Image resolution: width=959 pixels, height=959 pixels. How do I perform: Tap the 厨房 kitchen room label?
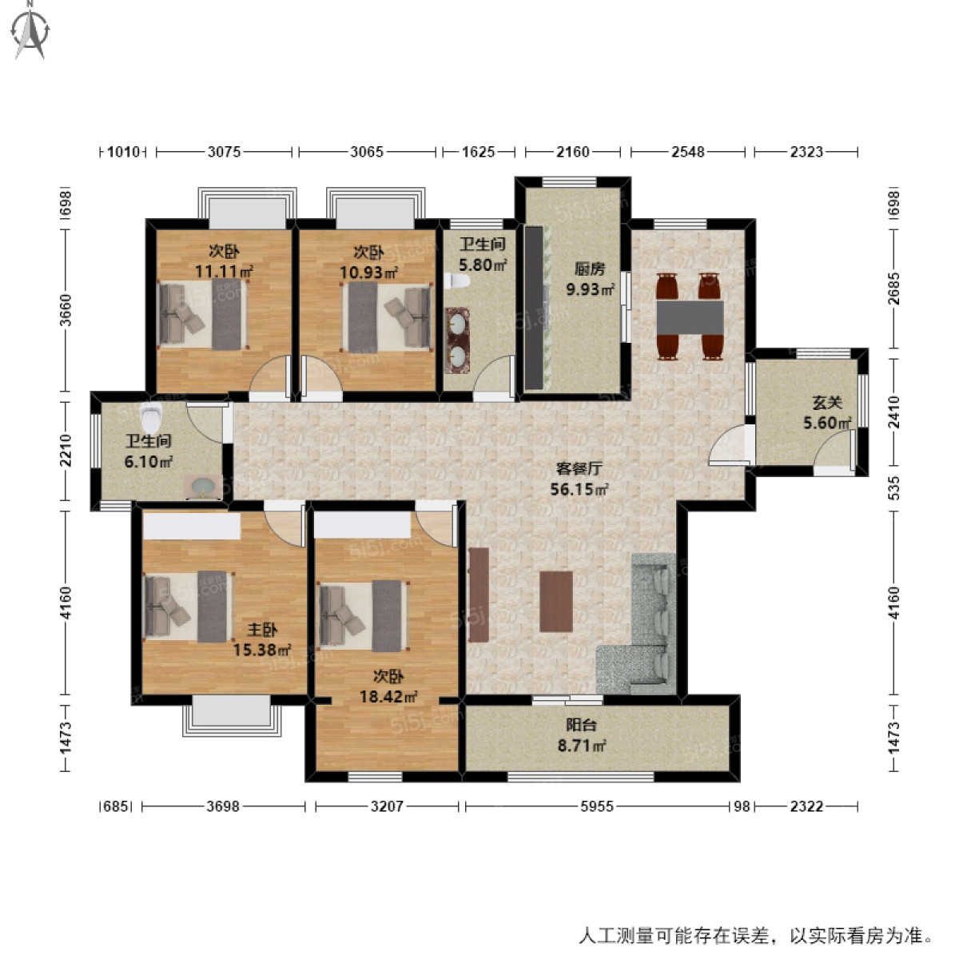point(590,269)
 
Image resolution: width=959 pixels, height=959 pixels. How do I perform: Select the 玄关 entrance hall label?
point(826,403)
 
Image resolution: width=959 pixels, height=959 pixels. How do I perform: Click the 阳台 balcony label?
point(581,726)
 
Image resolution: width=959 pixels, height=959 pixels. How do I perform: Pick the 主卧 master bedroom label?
point(262,631)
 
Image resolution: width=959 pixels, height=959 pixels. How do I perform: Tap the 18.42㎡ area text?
point(388,697)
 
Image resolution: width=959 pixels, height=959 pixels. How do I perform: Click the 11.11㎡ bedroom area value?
point(224,272)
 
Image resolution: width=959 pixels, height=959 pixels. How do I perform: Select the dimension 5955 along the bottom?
point(596,806)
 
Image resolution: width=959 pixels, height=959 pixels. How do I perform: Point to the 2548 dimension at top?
point(687,151)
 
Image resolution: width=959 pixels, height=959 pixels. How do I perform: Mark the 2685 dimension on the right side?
point(893,288)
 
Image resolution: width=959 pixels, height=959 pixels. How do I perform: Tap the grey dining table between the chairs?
point(690,317)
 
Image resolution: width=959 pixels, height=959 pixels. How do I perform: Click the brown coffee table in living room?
point(555,601)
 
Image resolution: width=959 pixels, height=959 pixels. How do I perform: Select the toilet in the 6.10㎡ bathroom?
point(150,416)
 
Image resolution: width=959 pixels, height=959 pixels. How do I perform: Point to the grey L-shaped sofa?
point(643,631)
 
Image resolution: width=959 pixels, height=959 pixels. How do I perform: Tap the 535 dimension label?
point(893,488)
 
